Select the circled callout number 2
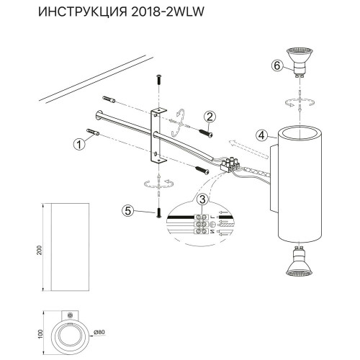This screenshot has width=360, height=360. tap(210, 117)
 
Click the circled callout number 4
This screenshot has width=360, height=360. tap(263, 133)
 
